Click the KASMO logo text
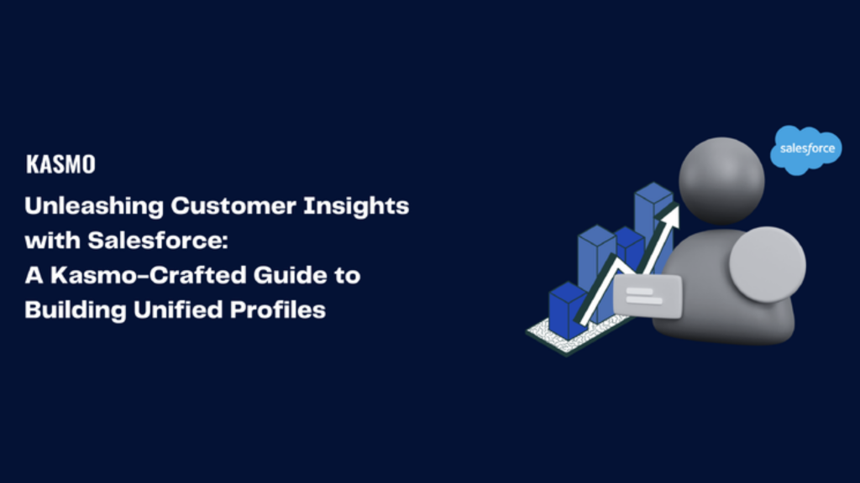click(60, 164)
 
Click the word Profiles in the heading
click(276, 309)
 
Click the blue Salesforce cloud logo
click(806, 149)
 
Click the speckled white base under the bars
click(554, 335)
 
